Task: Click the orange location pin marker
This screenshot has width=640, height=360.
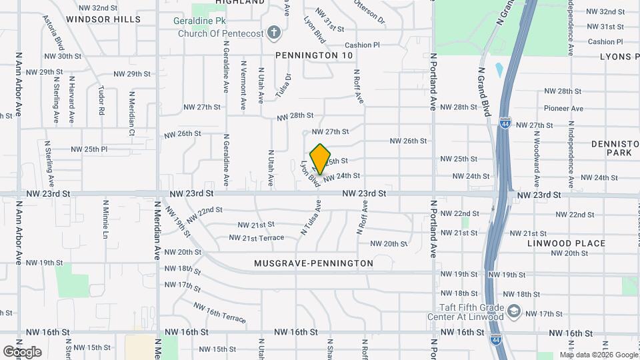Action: coord(321,159)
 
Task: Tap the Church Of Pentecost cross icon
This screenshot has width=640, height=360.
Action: coord(273,31)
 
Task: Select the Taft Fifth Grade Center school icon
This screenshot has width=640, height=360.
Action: coord(514,311)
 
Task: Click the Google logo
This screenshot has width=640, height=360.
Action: coord(21,352)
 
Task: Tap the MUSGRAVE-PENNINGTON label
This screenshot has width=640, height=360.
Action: coord(313,263)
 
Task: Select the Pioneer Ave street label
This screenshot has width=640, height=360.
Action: coord(563,108)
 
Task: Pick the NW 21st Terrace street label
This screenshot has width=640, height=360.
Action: coord(256,237)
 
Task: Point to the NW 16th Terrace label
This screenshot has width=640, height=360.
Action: coord(219,311)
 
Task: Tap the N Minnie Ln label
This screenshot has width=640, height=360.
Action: coord(105,219)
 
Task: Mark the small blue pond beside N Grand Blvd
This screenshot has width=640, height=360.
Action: coord(499,70)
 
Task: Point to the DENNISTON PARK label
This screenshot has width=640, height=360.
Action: coord(615,148)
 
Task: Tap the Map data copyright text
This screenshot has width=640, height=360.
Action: coord(597,355)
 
